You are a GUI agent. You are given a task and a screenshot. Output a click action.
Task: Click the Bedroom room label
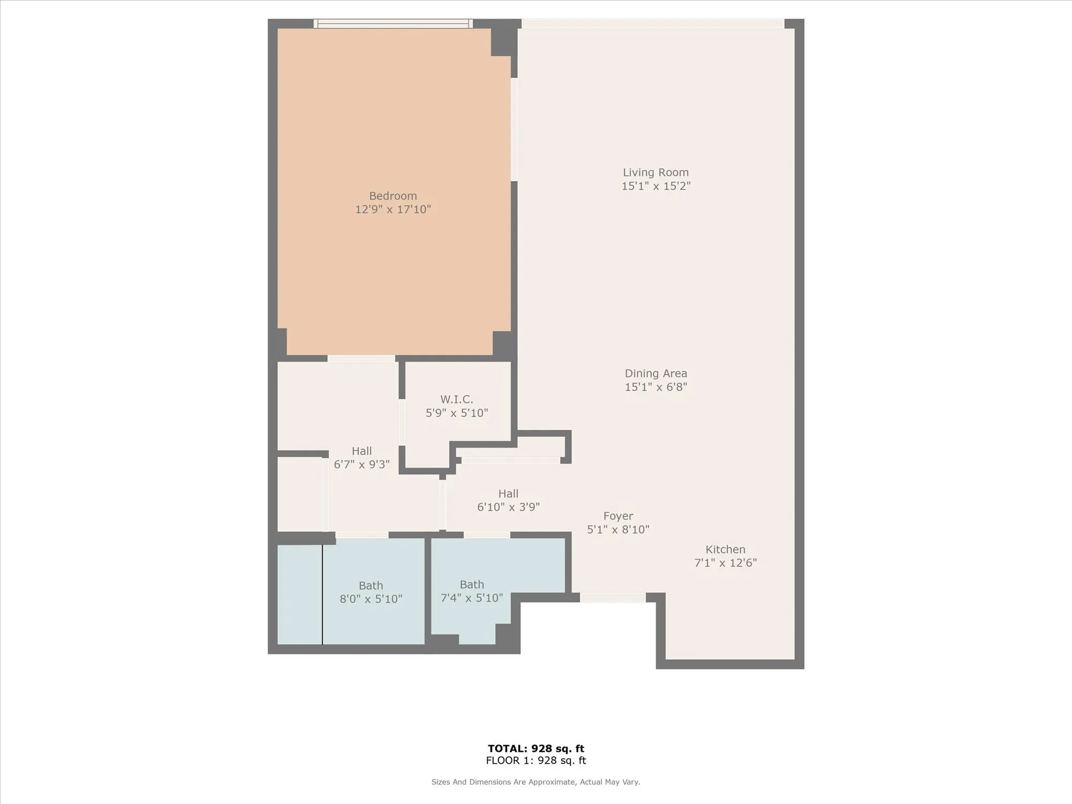click(393, 196)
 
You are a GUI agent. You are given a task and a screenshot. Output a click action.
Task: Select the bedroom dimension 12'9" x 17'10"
click(393, 210)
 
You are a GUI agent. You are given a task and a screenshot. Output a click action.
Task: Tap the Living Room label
click(656, 173)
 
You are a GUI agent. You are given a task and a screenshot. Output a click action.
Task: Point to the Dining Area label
click(656, 374)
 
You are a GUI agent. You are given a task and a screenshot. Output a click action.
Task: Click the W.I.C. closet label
click(457, 399)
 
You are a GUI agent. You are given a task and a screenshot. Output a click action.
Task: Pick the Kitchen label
click(725, 549)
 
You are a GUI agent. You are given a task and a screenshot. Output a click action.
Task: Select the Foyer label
click(618, 516)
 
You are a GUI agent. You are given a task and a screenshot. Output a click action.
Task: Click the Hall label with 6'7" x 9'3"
click(362, 451)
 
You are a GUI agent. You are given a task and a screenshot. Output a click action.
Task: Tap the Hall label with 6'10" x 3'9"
click(508, 494)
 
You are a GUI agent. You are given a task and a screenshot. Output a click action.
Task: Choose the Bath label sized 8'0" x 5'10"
click(371, 586)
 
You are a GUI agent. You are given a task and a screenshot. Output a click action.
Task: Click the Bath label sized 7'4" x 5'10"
click(472, 585)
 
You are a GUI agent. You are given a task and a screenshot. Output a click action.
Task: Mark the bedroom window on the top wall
click(393, 24)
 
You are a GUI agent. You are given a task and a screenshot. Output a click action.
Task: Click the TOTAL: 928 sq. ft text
click(535, 749)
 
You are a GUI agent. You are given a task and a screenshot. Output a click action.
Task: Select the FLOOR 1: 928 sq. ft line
click(535, 761)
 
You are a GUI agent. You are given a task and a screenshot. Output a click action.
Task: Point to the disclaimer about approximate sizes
click(535, 782)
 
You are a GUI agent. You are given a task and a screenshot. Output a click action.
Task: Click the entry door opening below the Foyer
click(613, 598)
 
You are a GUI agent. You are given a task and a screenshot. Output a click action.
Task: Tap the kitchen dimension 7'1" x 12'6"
click(725, 563)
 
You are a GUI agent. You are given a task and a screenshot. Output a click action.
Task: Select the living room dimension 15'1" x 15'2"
click(656, 186)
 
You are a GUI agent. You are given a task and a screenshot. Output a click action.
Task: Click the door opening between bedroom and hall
click(361, 358)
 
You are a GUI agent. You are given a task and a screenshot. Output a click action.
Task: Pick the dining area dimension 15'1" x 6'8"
click(656, 387)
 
